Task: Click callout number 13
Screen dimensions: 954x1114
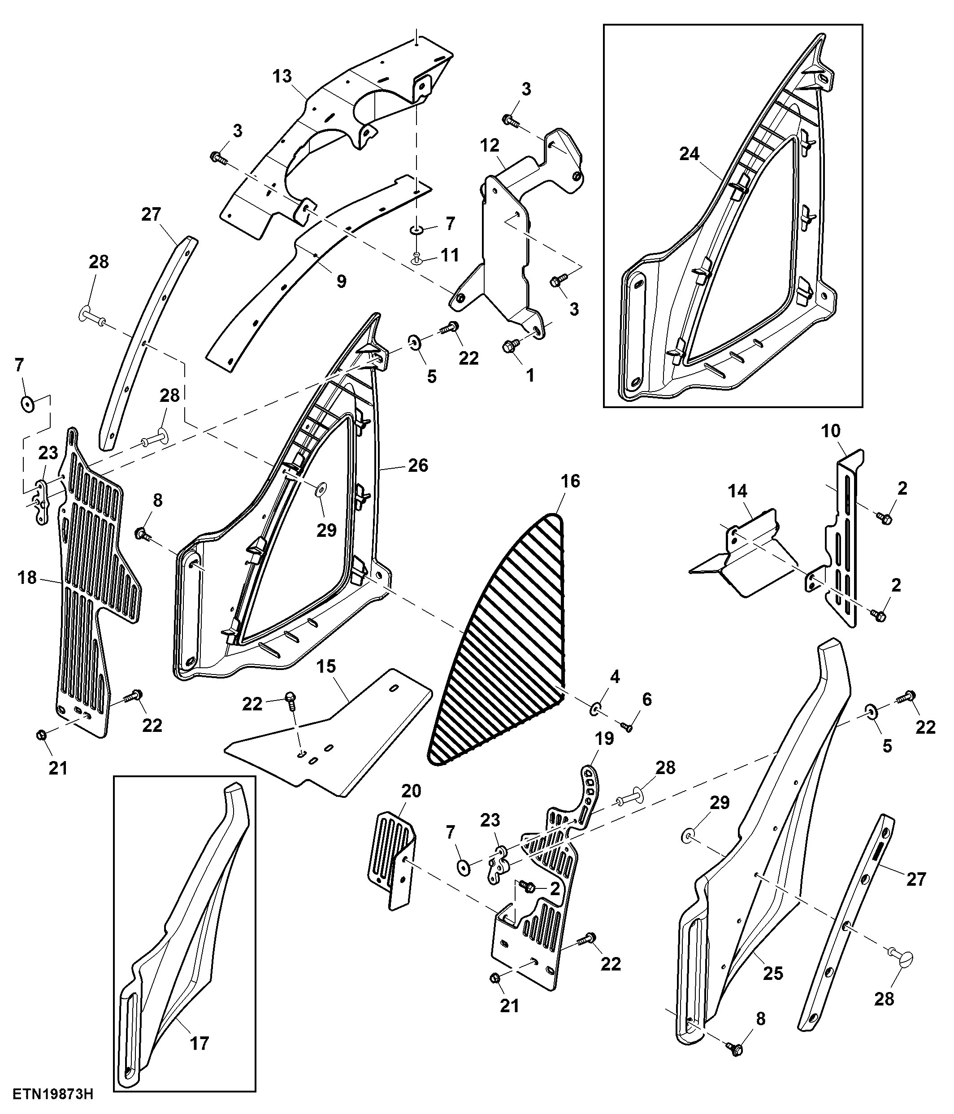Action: [282, 76]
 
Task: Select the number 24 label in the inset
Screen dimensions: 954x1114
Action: [689, 154]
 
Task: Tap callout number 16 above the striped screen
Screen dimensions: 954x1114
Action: [570, 481]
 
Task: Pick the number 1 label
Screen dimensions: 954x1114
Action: [530, 375]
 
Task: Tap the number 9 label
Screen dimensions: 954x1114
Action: [341, 281]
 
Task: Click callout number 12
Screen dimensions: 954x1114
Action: [490, 145]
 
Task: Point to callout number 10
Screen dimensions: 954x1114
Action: [831, 431]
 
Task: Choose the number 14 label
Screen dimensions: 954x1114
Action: [738, 491]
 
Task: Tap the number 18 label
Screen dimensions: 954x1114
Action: [27, 578]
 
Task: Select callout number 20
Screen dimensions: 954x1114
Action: [411, 791]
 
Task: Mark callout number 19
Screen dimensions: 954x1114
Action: [604, 738]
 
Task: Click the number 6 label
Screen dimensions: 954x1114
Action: [646, 700]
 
